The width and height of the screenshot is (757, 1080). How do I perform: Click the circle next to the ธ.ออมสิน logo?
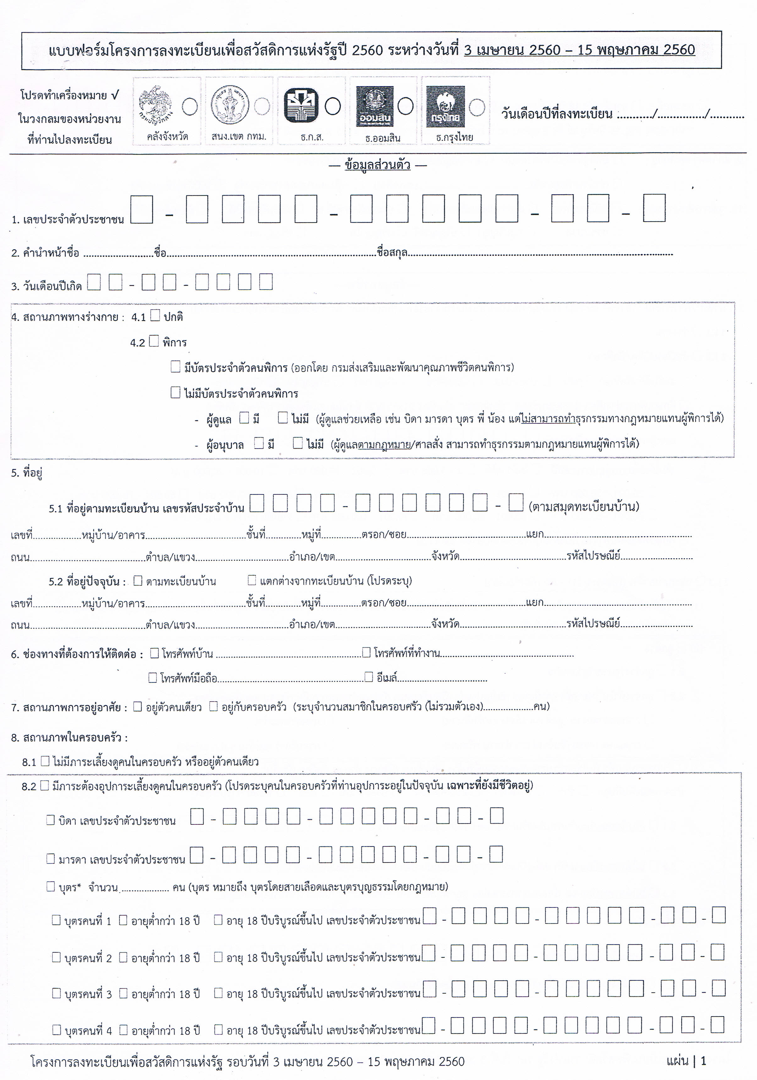(405, 106)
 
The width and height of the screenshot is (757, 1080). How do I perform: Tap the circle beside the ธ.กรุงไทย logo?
(477, 107)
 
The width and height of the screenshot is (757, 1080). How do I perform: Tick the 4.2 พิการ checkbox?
(154, 341)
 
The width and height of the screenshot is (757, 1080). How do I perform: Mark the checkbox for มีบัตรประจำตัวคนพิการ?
(175, 366)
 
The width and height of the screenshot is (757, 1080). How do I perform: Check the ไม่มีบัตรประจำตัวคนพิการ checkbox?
(175, 392)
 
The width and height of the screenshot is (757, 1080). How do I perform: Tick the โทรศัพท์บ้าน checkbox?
(154, 653)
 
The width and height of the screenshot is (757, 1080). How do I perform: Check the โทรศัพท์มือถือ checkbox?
(153, 678)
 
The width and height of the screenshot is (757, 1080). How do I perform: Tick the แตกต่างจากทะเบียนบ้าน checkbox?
(252, 580)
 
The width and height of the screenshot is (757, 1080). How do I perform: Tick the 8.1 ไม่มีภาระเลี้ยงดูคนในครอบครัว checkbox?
(45, 761)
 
